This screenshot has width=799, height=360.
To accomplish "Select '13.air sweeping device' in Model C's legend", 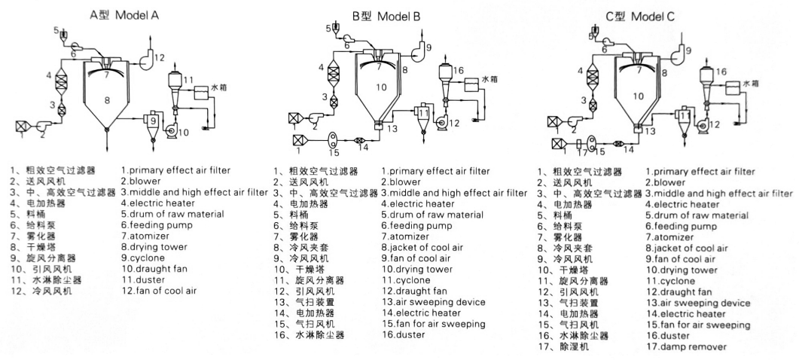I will [697, 303].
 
